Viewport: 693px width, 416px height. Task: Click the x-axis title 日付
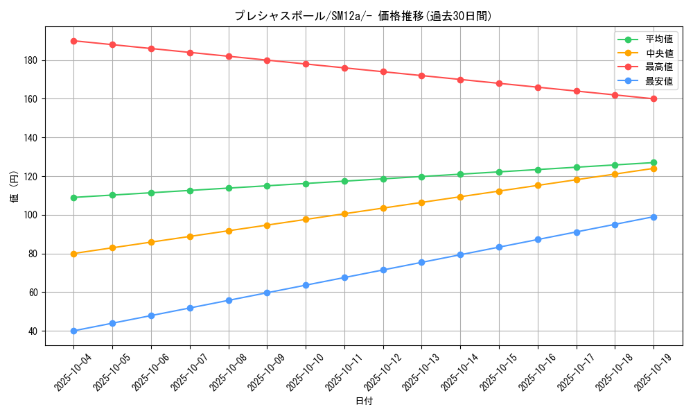tap(363, 401)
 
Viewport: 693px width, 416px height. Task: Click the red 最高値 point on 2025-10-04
tap(73, 41)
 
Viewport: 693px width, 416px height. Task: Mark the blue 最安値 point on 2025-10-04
tap(73, 331)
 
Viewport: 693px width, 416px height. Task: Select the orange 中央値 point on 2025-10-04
tap(73, 254)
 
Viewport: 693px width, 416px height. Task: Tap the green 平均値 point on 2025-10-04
tap(73, 198)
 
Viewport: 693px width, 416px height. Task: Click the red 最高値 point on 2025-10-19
tap(653, 99)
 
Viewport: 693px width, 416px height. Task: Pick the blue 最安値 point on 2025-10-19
tap(653, 217)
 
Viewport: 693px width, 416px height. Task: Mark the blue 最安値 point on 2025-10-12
tap(383, 270)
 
